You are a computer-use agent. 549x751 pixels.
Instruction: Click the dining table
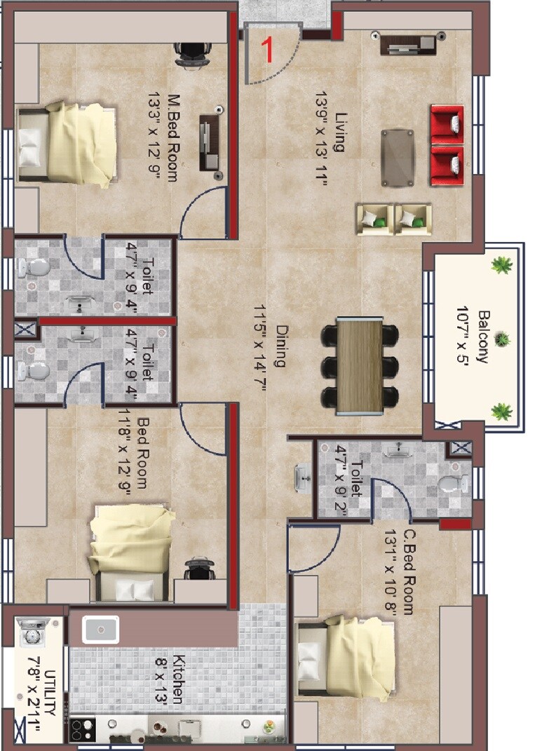(360, 365)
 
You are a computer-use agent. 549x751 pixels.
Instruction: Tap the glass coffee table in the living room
(398, 158)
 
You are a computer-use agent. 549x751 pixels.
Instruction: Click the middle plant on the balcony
(501, 340)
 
